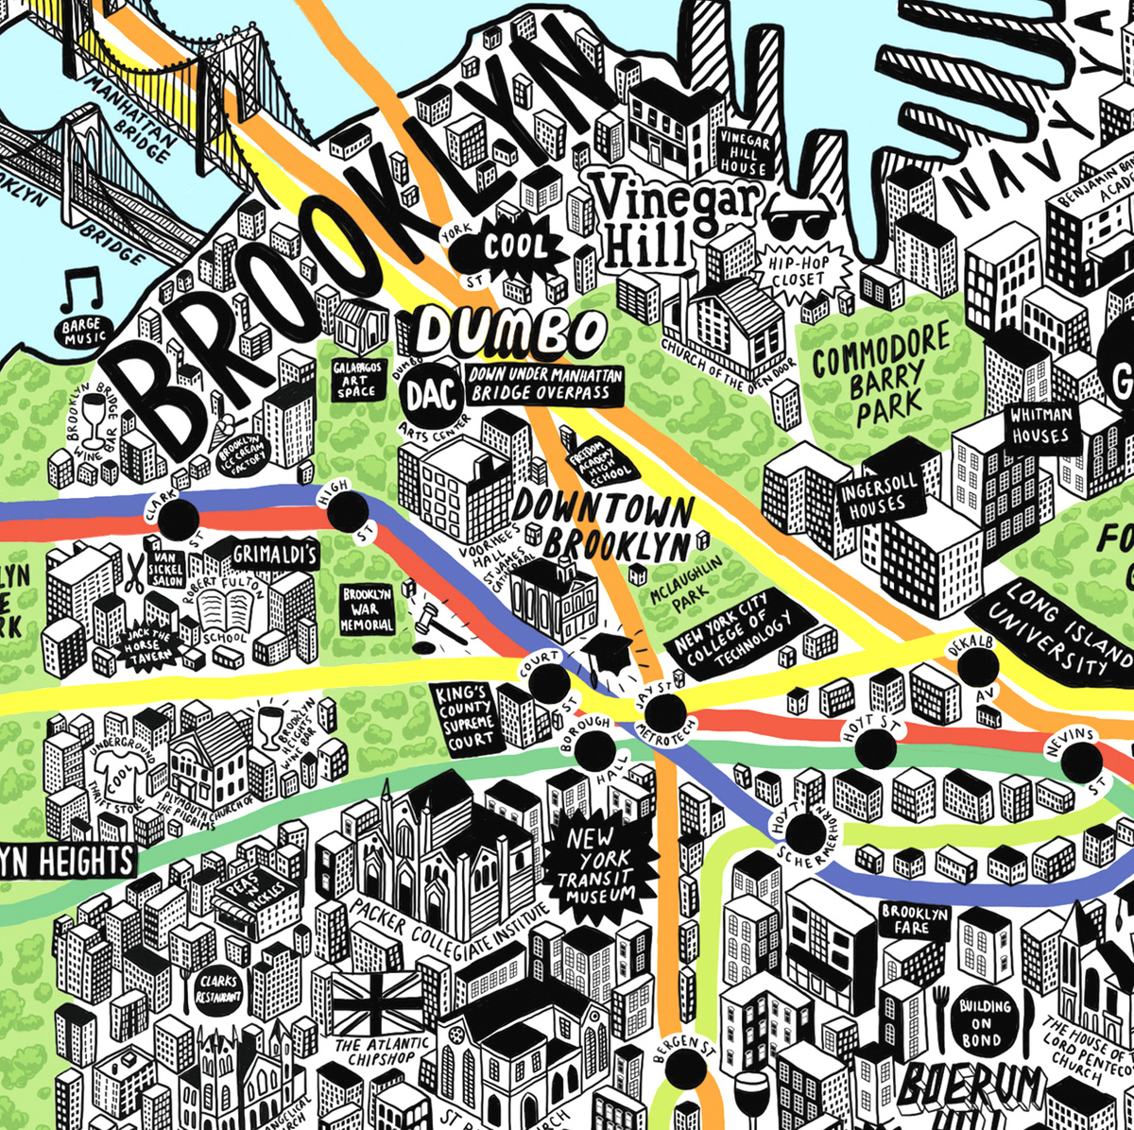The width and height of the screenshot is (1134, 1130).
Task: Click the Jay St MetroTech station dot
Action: point(664,711)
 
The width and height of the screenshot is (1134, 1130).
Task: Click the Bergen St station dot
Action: point(687,1068)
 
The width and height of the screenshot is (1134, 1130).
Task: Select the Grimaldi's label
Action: point(274,555)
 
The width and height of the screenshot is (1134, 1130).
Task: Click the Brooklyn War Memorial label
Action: point(367,608)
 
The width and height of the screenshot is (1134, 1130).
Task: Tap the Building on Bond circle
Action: point(984,1019)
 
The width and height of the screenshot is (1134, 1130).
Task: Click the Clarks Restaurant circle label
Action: point(217,988)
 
